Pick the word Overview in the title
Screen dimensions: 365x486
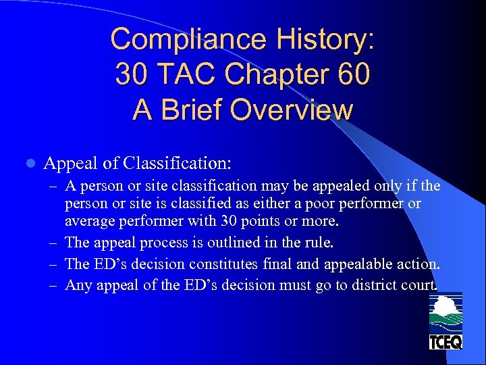coord(295,109)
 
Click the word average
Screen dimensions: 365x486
coord(88,221)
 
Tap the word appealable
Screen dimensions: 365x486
coord(361,264)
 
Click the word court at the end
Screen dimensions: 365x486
coord(419,285)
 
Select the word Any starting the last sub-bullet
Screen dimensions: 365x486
coord(78,285)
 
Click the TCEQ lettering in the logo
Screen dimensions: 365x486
coord(446,342)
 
